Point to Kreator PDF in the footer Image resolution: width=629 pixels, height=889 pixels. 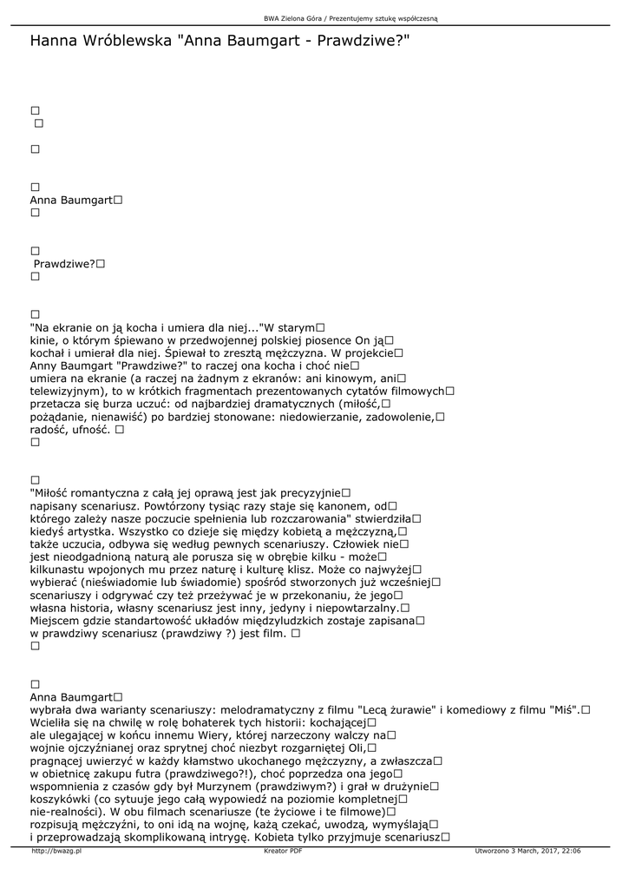[283, 852]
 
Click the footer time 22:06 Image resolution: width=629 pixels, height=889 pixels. [570, 852]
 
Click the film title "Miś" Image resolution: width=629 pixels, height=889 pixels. [565, 709]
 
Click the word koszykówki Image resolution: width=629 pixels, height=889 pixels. [62, 799]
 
